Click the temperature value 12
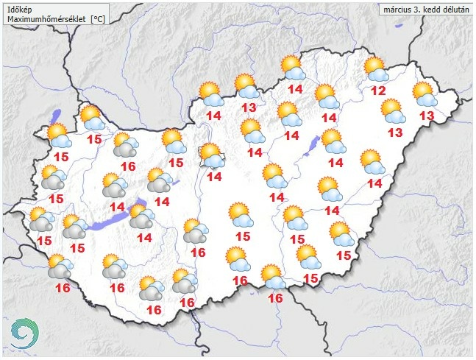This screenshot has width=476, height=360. click(x=378, y=91)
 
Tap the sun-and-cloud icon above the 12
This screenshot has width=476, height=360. click(x=375, y=69)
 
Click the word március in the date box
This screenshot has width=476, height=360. click(x=400, y=9)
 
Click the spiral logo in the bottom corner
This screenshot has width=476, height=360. click(x=23, y=334)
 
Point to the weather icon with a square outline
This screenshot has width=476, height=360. click(x=210, y=155)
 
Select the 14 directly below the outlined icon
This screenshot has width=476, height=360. click(x=215, y=177)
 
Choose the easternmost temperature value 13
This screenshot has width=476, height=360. click(x=427, y=116)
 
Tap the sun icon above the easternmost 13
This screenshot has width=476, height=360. click(x=424, y=93)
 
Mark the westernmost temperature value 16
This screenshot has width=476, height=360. click(x=63, y=288)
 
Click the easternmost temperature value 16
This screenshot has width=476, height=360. click(x=276, y=298)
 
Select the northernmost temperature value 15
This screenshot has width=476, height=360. click(x=95, y=139)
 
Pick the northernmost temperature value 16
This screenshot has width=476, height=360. click(x=128, y=166)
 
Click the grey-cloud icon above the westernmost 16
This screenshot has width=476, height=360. click(x=59, y=267)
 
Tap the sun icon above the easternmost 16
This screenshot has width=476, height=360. click(x=272, y=276)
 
